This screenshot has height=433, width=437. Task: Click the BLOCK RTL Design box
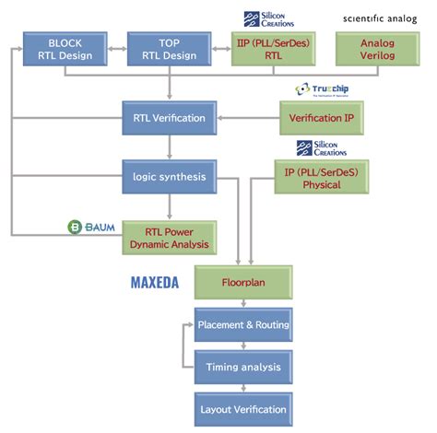(63, 49)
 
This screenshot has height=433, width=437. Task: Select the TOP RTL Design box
(168, 49)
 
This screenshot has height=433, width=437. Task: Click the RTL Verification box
(168, 118)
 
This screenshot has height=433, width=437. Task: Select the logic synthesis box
(168, 176)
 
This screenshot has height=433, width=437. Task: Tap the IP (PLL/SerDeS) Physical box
(313, 176)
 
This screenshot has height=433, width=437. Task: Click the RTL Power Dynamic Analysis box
(170, 238)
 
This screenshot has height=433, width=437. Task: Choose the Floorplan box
(243, 283)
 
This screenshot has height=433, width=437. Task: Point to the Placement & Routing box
(243, 325)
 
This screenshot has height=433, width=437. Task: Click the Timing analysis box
(243, 367)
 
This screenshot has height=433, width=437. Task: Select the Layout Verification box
(243, 408)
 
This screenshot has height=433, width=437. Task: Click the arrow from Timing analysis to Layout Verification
(243, 388)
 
